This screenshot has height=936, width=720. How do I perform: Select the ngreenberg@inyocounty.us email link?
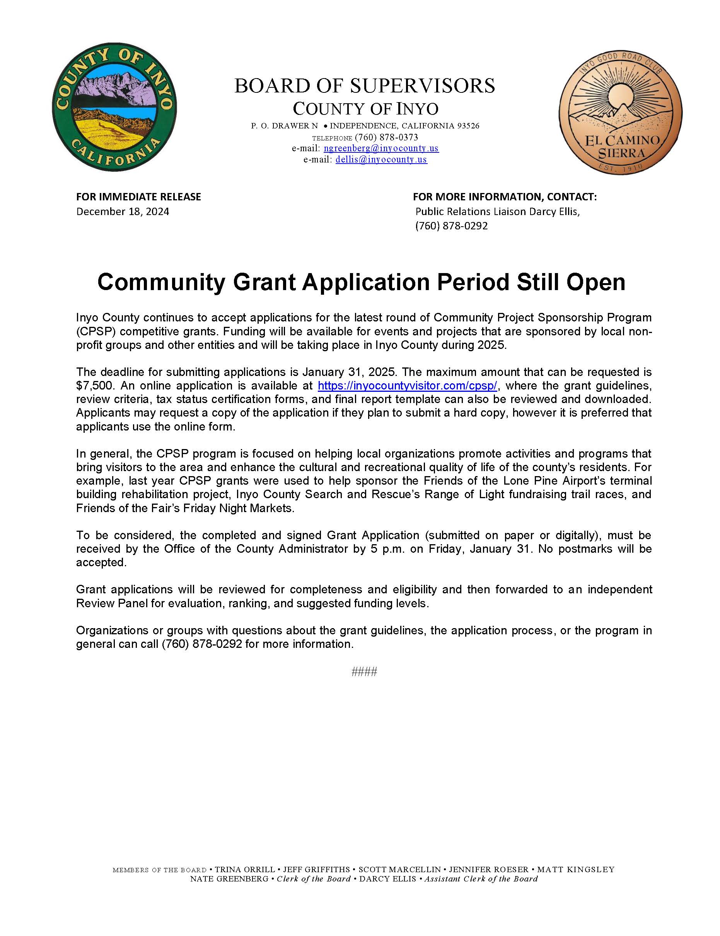(381, 148)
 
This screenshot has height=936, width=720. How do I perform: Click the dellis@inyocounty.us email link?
(381, 159)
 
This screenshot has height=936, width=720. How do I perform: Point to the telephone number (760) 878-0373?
(386, 137)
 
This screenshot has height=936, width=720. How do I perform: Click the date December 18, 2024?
(123, 211)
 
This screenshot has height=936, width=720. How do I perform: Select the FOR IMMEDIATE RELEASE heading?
(138, 197)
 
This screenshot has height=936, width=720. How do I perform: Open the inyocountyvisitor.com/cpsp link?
(407, 385)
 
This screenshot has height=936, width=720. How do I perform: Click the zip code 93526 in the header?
(468, 126)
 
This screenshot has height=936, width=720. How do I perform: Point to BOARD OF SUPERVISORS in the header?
(364, 86)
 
